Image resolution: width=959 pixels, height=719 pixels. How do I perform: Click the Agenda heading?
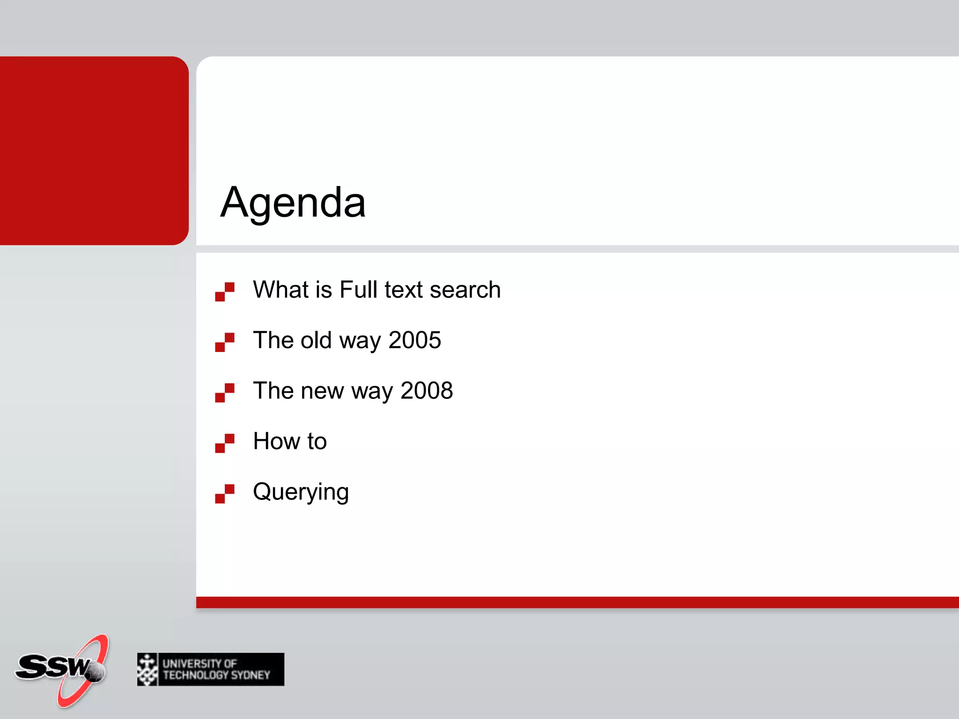(x=293, y=202)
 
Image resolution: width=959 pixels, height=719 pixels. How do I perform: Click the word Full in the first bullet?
(x=358, y=289)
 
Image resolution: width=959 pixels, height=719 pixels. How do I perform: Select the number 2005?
(x=414, y=340)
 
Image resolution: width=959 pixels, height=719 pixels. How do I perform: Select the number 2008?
(x=427, y=390)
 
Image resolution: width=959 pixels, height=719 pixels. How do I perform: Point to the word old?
(x=316, y=340)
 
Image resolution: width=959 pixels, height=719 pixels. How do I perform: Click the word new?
(x=322, y=390)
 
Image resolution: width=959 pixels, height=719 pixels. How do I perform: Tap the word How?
(x=276, y=441)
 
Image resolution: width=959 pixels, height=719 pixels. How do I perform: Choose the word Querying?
(x=301, y=492)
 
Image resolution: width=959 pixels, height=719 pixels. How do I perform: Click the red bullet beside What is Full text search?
(x=225, y=292)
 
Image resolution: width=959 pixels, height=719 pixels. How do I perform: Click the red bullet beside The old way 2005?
(x=225, y=342)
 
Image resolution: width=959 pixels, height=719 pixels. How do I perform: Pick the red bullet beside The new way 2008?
(x=225, y=393)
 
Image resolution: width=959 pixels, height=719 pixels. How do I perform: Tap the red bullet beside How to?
(x=225, y=443)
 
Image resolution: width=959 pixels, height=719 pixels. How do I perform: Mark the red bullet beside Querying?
(x=225, y=494)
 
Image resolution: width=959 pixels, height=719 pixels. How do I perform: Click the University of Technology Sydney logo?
(x=211, y=669)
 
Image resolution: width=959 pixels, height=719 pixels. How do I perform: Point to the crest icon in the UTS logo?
(x=148, y=669)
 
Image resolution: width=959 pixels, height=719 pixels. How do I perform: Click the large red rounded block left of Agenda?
(x=94, y=150)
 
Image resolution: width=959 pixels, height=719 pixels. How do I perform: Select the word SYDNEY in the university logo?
(x=251, y=675)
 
